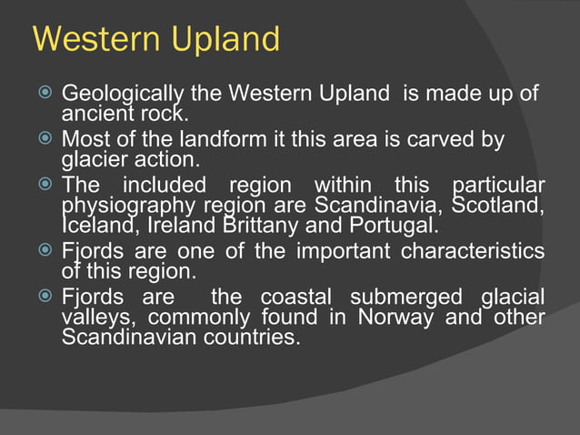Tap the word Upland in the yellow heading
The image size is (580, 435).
229,41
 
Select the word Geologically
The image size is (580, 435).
122,95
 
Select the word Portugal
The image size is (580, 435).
394,223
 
